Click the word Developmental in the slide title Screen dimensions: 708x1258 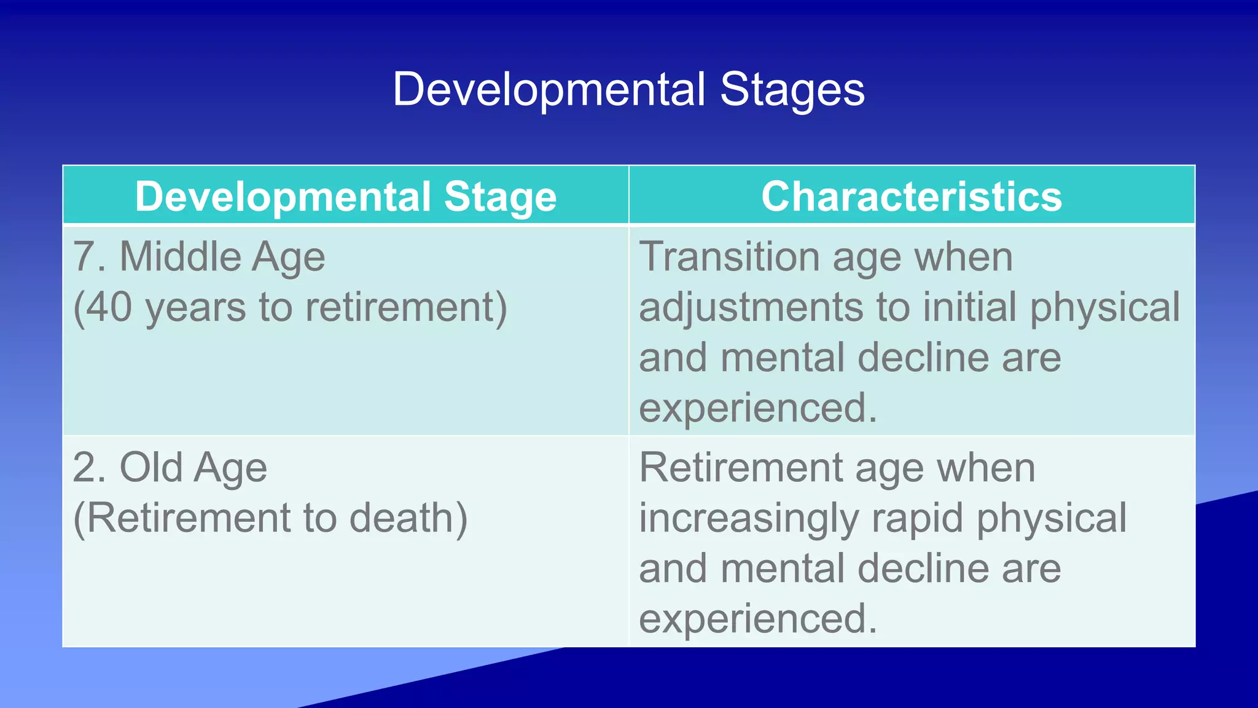coord(549,90)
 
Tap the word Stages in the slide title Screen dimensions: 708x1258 coord(792,90)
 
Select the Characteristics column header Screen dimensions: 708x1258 coord(912,196)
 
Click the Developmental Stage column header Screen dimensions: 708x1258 coord(345,196)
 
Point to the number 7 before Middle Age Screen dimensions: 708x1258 coord(84,256)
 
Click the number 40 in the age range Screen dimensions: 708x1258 coord(109,307)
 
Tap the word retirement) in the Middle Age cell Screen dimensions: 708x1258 coord(406,307)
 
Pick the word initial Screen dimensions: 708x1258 coord(970,307)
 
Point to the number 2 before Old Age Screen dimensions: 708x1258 coord(84,467)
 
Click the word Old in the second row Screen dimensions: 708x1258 coord(150,467)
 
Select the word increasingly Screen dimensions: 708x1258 coord(748,517)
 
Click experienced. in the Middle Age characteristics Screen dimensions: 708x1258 coord(757,407)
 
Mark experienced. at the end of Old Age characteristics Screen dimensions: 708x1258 coord(757,618)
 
